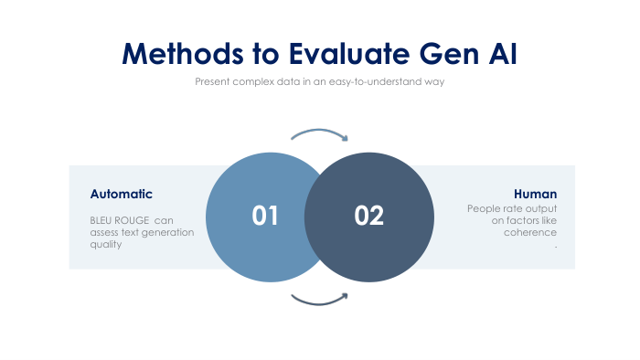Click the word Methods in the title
click(x=183, y=53)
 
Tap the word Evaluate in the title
click(x=349, y=53)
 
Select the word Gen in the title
click(x=449, y=54)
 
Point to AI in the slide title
click(x=503, y=53)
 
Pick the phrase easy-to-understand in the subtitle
click(x=375, y=81)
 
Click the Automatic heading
click(x=122, y=194)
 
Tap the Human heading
click(x=535, y=194)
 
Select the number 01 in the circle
click(x=265, y=216)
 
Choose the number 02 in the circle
click(x=369, y=216)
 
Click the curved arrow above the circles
click(x=320, y=132)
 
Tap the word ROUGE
click(x=132, y=220)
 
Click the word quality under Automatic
click(x=106, y=245)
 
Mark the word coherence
click(x=530, y=232)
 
